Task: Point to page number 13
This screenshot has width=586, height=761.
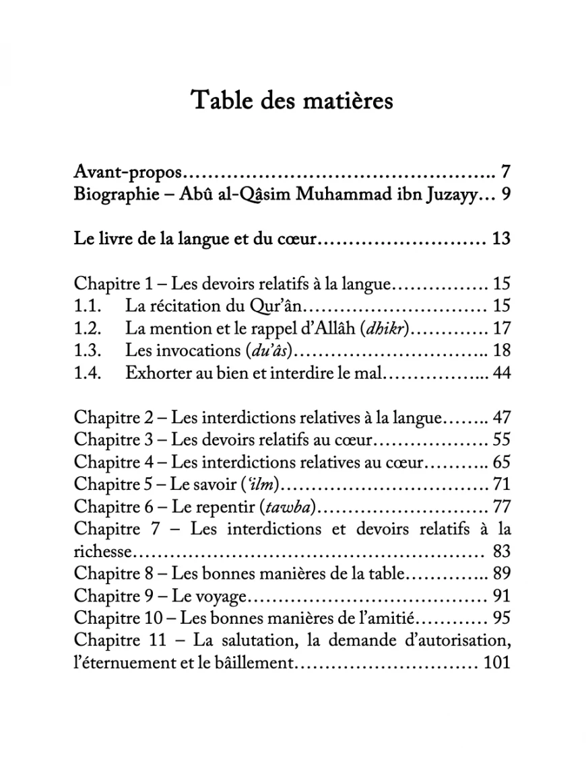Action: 501,238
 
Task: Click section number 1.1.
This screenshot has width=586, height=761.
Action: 88,306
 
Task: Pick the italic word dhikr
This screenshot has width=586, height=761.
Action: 389,328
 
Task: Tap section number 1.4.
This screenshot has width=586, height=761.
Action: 88,372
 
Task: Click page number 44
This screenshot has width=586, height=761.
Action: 501,372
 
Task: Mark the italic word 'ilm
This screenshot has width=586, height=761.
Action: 264,483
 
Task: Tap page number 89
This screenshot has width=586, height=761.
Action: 501,574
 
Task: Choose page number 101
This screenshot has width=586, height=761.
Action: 497,662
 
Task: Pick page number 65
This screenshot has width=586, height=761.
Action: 501,462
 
